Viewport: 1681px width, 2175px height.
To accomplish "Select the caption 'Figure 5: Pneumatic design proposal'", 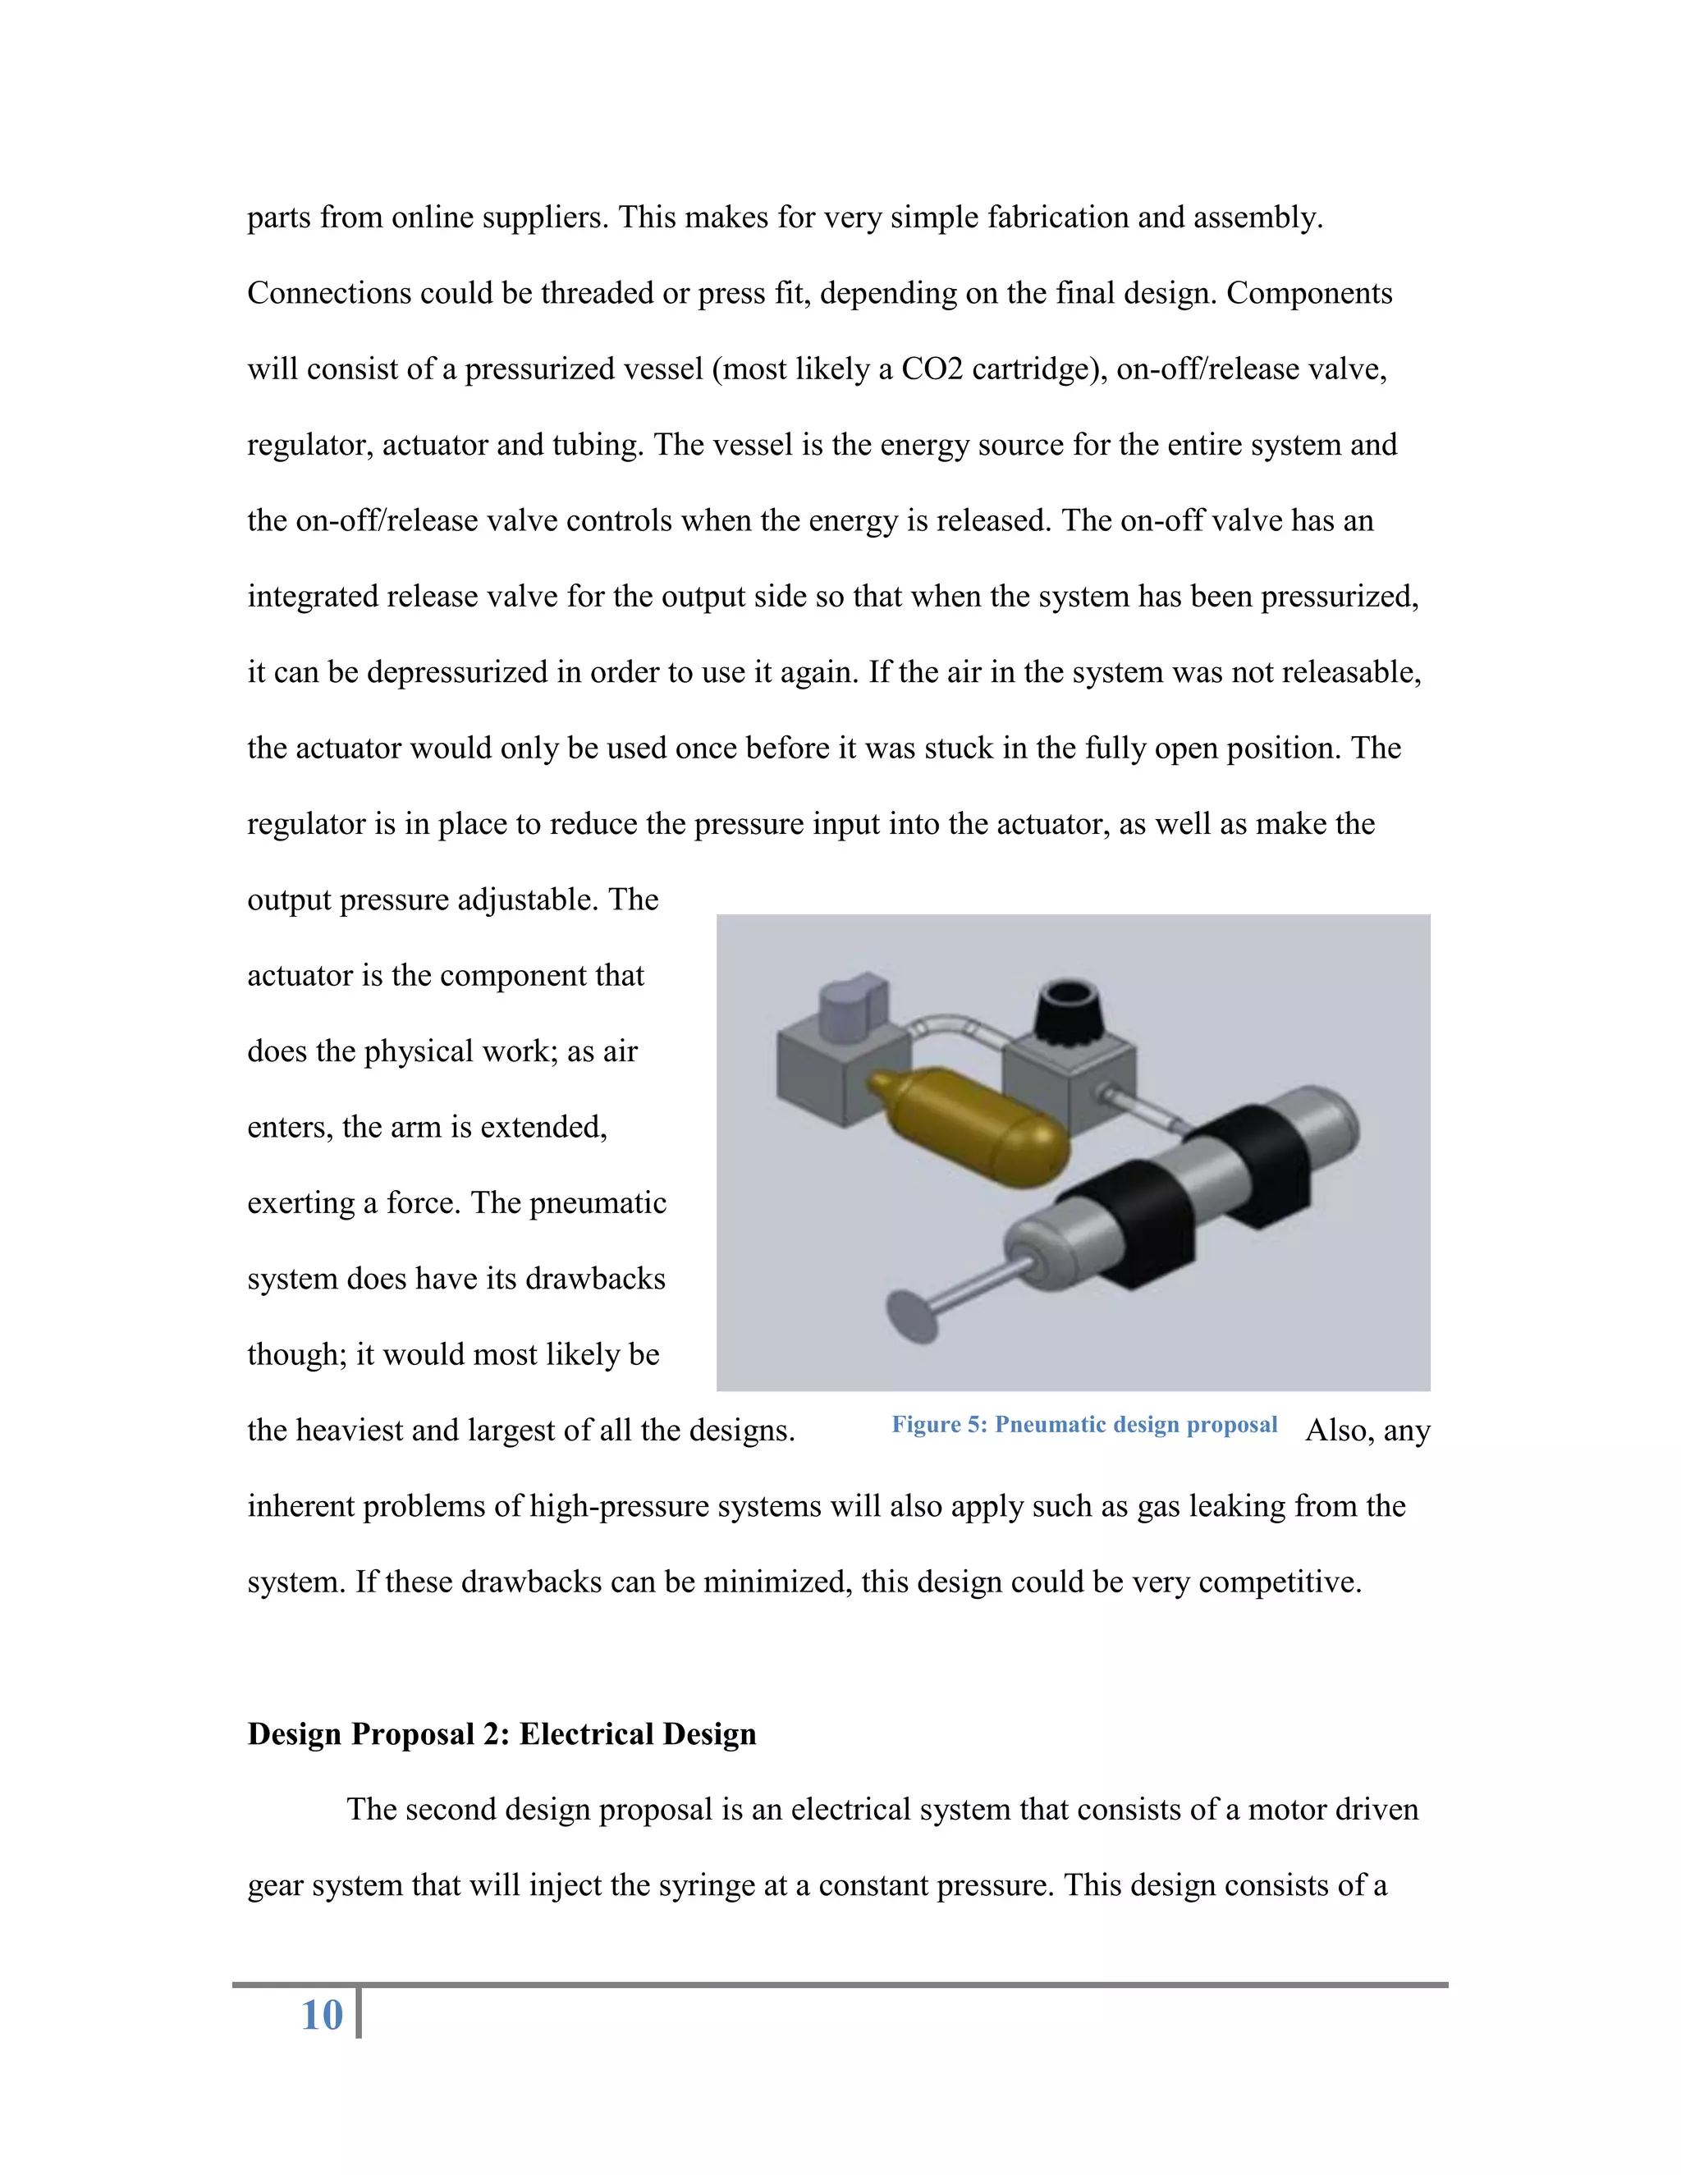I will [1083, 1424].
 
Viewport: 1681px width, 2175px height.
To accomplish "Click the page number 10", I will [322, 2015].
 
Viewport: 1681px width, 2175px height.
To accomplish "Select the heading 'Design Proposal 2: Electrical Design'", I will [501, 1733].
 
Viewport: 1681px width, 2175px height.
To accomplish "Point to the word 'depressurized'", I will [457, 673].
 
